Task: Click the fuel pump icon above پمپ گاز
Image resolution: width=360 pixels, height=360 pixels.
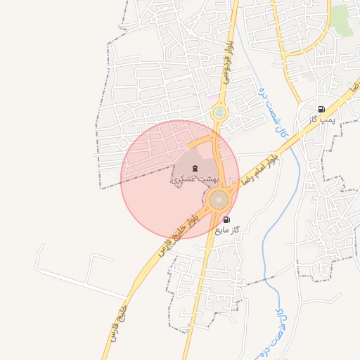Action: pyautogui.click(x=321, y=109)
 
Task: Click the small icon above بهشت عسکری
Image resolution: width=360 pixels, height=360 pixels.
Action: pyautogui.click(x=194, y=168)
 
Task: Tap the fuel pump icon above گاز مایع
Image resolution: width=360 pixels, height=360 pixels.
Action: pyautogui.click(x=226, y=220)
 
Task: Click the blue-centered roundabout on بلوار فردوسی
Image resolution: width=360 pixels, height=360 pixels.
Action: pyautogui.click(x=219, y=112)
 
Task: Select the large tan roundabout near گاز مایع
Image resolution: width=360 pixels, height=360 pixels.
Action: pyautogui.click(x=219, y=200)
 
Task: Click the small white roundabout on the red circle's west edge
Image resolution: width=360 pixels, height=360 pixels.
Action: pyautogui.click(x=123, y=143)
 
